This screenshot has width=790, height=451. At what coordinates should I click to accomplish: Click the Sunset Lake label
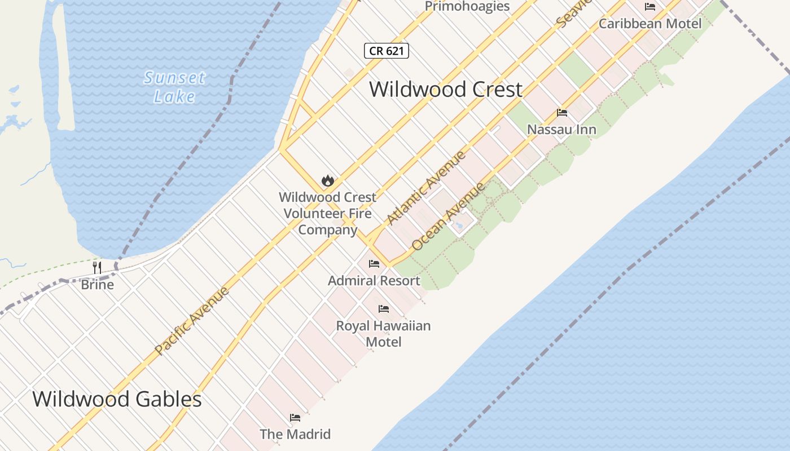point(174,87)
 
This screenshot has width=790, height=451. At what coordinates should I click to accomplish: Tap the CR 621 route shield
point(386,51)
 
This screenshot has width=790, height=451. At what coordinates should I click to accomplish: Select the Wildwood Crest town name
point(445,89)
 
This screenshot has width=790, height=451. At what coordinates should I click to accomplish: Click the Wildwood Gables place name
point(117,399)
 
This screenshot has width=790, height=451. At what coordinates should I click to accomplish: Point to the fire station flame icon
point(327,180)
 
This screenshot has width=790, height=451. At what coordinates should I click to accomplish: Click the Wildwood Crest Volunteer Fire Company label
point(327,214)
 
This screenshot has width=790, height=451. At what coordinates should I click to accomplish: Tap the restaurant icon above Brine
point(97,267)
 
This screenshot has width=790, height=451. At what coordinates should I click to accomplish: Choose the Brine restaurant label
point(97,284)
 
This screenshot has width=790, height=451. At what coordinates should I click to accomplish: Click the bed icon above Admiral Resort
point(374,263)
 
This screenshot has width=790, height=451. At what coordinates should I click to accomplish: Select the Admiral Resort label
point(374,280)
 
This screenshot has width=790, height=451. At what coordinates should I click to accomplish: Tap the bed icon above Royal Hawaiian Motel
point(384,308)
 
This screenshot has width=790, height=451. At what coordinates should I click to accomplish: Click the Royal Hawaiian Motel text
point(384,334)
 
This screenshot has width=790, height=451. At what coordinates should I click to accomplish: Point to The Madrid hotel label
point(295,434)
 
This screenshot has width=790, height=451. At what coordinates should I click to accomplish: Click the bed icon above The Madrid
point(295,418)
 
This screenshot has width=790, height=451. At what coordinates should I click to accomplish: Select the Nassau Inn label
point(561,130)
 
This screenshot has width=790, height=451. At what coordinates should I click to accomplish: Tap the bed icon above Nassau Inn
point(561,113)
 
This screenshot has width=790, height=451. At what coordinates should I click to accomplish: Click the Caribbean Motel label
point(650,24)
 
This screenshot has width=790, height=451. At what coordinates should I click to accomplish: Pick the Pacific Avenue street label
point(192,321)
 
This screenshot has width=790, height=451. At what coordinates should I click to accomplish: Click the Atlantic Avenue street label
point(427,188)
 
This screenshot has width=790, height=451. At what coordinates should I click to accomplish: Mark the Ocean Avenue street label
point(449,216)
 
